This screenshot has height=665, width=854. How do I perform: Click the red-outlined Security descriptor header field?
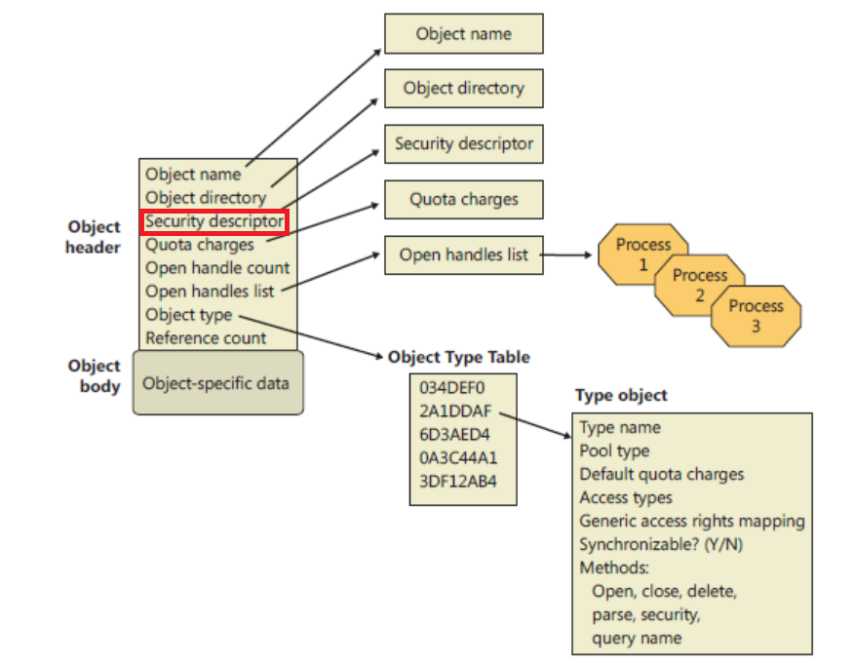coord(214,221)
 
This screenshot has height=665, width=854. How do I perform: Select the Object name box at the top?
coord(463,34)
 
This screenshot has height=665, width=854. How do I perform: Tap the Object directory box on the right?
coord(463,88)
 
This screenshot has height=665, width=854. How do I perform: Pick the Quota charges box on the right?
coord(463,200)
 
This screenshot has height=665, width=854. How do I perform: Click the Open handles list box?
coord(463,255)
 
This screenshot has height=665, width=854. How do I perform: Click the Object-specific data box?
coord(215,383)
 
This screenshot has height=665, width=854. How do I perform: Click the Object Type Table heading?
coord(459,357)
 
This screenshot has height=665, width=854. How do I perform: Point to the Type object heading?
coord(621,395)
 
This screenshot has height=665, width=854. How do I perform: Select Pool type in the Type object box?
coord(614,450)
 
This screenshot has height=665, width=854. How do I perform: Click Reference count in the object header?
coord(206,338)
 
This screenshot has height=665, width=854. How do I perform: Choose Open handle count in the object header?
coord(217,268)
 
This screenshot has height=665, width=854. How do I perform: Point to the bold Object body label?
coord(95,375)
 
